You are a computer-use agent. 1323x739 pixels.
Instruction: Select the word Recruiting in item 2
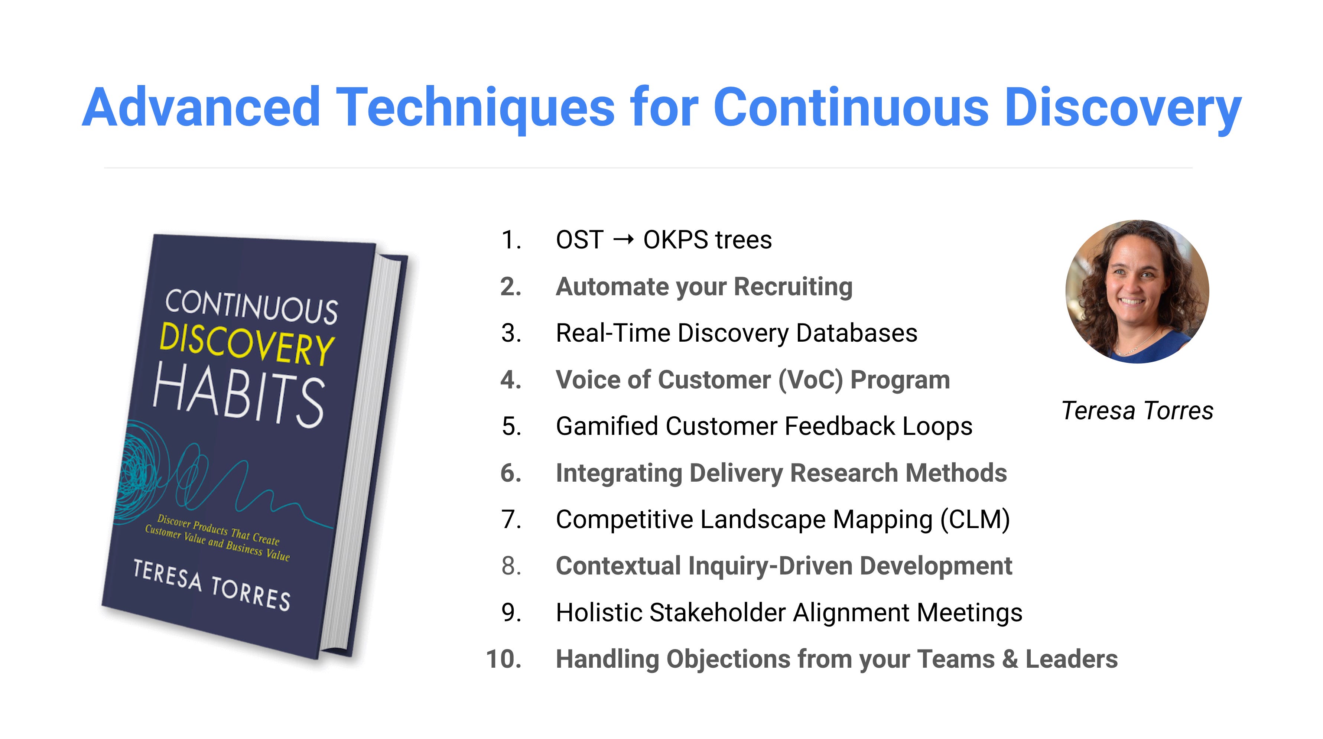click(793, 287)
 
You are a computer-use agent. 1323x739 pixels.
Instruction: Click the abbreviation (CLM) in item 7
click(975, 519)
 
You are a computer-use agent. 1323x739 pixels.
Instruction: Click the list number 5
click(511, 426)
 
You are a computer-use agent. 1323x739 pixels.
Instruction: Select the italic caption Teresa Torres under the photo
click(1137, 411)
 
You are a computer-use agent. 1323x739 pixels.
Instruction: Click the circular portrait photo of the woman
click(1137, 292)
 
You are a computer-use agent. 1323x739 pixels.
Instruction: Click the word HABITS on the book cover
click(239, 394)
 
